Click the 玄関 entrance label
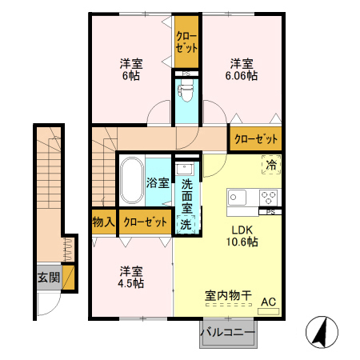(48, 278)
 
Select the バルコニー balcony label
(227, 332)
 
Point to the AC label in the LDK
(269, 302)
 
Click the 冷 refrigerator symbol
(271, 164)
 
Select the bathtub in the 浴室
(131, 182)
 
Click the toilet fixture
(186, 92)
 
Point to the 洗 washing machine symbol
(186, 224)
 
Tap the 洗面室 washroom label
(186, 194)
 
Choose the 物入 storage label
(103, 222)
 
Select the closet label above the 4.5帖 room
(145, 222)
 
